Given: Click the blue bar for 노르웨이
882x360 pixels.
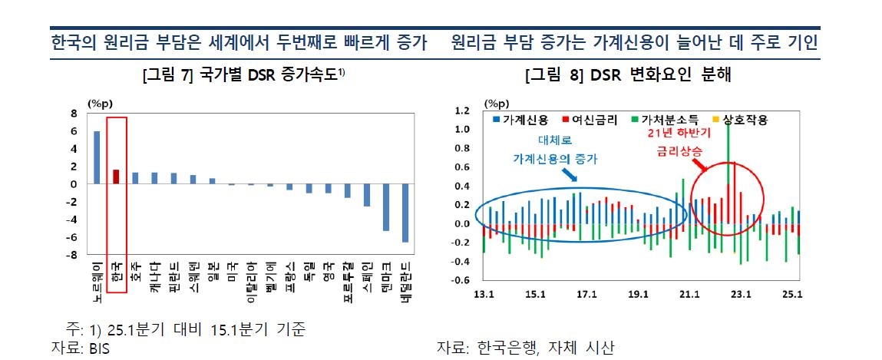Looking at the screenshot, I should [97, 157].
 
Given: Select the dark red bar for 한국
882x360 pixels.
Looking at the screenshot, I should [116, 177].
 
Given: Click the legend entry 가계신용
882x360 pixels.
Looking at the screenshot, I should [523, 121].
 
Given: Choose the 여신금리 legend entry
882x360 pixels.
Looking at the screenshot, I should [590, 121].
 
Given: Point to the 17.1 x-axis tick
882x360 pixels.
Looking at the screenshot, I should [586, 294].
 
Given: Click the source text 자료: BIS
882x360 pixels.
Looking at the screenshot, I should [76, 348].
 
